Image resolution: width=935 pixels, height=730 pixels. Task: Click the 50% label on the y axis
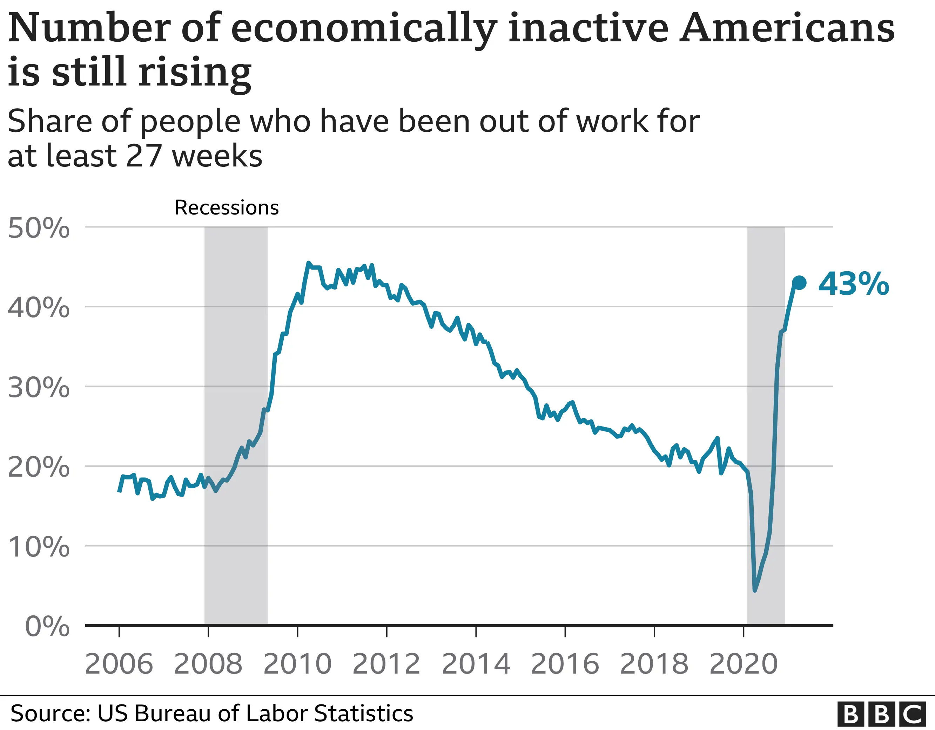(39, 228)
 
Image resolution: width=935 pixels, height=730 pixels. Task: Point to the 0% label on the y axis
(47, 627)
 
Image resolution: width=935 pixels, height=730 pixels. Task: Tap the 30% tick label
(39, 388)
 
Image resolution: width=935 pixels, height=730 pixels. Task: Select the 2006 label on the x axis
(119, 664)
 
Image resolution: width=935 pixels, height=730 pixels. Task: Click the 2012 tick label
(386, 664)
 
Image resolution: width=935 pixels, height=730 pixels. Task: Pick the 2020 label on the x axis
(743, 664)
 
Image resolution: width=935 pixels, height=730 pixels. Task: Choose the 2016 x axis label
(565, 664)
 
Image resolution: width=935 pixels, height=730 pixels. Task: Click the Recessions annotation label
(227, 208)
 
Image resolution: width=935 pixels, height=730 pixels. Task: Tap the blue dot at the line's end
(799, 283)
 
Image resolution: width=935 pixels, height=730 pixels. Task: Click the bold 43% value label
(853, 284)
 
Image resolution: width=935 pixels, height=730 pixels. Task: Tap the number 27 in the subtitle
(144, 156)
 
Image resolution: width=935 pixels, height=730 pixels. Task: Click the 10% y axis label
(39, 547)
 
